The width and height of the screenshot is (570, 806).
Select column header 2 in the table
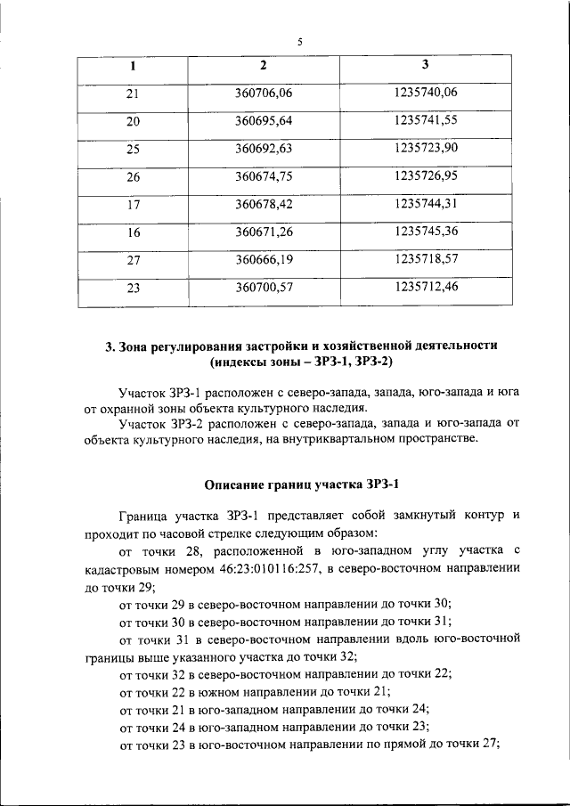point(263,65)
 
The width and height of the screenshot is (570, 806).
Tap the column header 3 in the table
point(425,65)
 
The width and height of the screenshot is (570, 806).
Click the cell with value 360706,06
point(264,93)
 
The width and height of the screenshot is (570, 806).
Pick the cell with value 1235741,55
point(425,120)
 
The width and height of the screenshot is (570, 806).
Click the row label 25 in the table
point(134,149)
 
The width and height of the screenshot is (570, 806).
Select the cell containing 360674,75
point(264,176)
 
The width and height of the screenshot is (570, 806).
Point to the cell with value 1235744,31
point(425,204)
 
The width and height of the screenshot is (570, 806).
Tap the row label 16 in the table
point(134,232)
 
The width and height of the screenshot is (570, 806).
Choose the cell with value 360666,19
point(264,260)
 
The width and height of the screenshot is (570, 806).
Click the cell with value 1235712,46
point(425,288)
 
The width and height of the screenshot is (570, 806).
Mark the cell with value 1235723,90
point(425,148)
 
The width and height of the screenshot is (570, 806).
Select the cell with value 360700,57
point(264,288)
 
